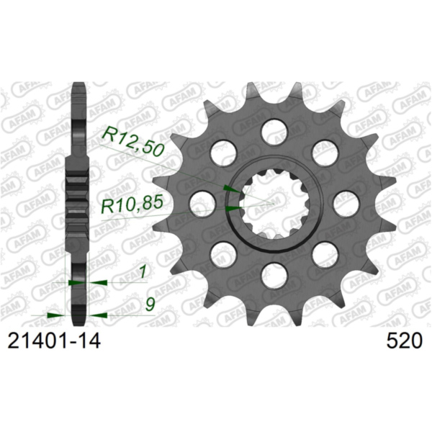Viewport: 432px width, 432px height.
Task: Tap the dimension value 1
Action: coord(143,272)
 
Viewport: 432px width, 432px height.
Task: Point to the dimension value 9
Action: coord(149,305)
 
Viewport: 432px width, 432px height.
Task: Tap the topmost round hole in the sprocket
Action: coord(274,130)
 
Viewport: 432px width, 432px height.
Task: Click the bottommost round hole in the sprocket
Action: coord(274,273)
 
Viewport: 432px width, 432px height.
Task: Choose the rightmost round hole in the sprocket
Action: coord(346,202)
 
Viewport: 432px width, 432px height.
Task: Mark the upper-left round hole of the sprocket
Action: coord(224,152)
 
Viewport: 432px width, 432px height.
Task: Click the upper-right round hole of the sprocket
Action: coord(325,152)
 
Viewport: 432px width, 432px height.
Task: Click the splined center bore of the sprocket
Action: coord(274,202)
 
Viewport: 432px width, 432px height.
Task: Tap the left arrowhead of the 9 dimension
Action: coord(55,315)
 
